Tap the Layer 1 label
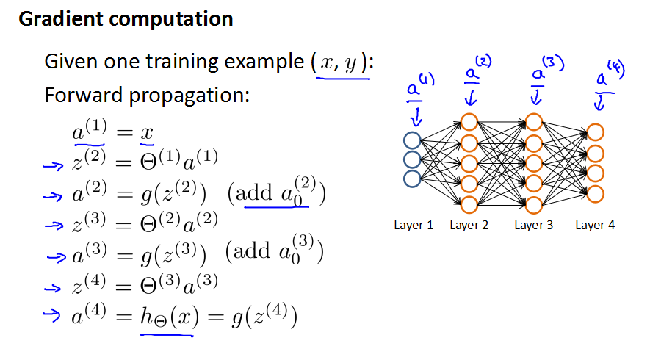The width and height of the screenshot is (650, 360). [414, 226]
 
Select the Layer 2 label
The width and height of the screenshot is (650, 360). [469, 226]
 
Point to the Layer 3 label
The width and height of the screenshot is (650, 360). [534, 226]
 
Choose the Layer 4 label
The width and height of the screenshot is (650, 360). [595, 226]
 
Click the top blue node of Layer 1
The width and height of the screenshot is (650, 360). [412, 140]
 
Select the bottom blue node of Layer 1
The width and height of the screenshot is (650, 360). [412, 177]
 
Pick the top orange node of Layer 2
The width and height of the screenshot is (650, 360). [469, 121]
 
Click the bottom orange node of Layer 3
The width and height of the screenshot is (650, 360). [534, 204]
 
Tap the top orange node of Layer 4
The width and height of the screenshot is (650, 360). [596, 133]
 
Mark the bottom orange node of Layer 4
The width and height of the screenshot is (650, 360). [596, 195]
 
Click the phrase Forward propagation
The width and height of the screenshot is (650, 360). [148, 96]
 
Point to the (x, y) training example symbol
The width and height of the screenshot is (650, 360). [339, 62]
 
